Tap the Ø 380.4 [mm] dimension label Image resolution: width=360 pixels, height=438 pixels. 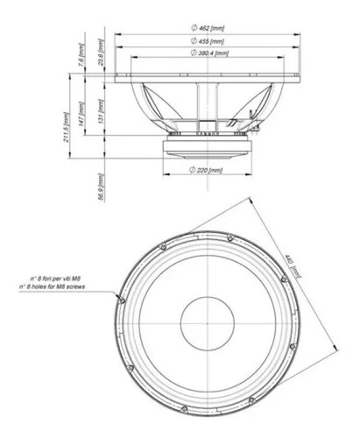point(208,54)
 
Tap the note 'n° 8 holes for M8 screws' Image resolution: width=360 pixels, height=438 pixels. point(62,287)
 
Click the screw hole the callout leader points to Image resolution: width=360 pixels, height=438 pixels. point(121,299)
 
